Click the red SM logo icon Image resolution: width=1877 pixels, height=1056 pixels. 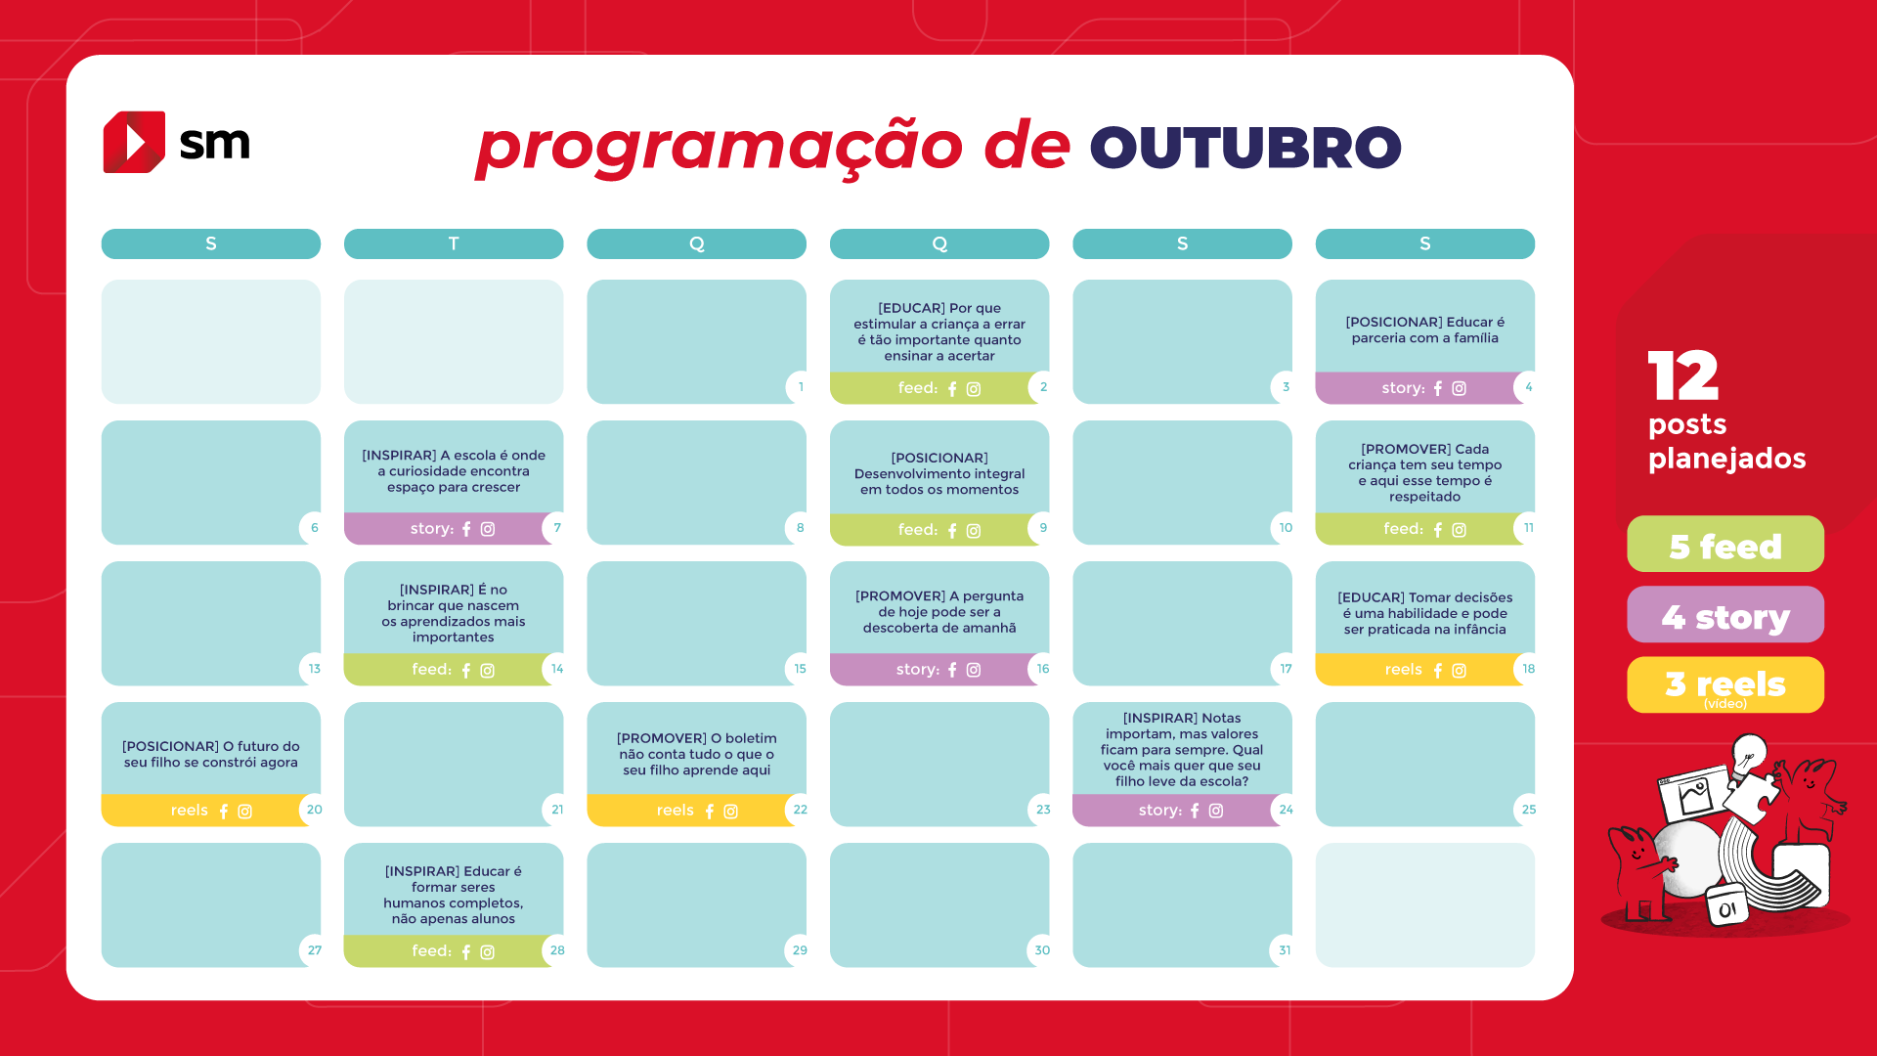click(134, 142)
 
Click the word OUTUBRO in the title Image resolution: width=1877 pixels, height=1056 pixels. click(1245, 148)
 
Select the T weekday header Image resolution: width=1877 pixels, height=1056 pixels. click(454, 243)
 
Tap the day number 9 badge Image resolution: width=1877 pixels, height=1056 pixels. click(1043, 528)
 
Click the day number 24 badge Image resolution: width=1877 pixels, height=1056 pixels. click(1286, 810)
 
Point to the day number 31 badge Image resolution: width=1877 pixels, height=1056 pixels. click(1285, 950)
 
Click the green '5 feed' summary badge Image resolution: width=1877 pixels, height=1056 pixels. click(1725, 545)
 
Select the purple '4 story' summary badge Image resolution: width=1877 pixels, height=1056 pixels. click(1725, 615)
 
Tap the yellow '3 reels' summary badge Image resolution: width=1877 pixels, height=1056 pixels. click(1725, 685)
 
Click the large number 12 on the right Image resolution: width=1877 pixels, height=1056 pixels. click(1683, 376)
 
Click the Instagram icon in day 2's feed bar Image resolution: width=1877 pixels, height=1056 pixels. click(974, 389)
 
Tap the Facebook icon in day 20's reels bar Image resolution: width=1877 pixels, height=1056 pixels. click(224, 812)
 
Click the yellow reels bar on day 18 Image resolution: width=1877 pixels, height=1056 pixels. click(1418, 670)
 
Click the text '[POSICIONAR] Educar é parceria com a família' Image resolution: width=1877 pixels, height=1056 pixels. click(1425, 330)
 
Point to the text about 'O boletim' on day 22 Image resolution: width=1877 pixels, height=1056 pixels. click(697, 754)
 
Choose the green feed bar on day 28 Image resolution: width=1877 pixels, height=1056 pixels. click(447, 951)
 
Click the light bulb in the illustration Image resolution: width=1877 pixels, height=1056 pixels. click(1749, 755)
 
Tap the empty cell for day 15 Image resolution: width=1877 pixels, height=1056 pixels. click(697, 624)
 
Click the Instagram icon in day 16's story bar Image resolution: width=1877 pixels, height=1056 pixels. click(974, 670)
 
